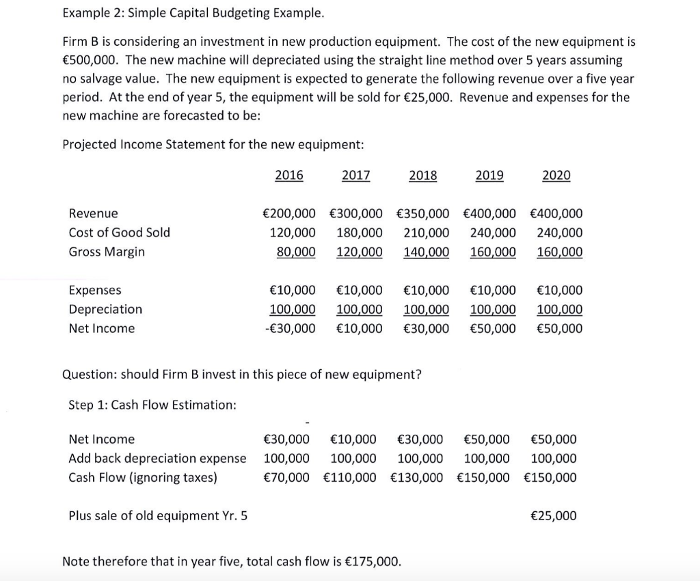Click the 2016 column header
coord(288,176)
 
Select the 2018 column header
coord(422,176)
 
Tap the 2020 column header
coord(556,176)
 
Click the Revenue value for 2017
coord(355,213)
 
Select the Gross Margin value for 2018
coord(427,252)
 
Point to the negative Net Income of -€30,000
coord(290,328)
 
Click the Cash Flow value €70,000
coord(286,477)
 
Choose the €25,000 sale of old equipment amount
coord(553,515)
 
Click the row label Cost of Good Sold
coord(119,232)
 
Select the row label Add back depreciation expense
coord(157,458)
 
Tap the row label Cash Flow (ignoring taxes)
coord(143,477)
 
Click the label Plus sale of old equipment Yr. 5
coord(158,515)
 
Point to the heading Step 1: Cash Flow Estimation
coord(152,405)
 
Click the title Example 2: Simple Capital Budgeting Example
coord(193,13)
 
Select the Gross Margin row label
coord(107,252)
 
